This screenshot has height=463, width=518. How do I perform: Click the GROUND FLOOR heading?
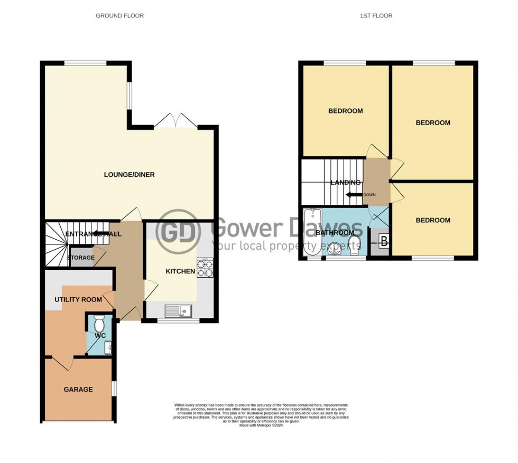click(119, 16)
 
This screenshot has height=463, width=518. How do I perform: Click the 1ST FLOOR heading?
click(376, 16)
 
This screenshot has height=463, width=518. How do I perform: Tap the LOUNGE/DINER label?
click(129, 175)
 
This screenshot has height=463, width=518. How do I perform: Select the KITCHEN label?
click(180, 272)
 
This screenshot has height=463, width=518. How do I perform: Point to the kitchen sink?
click(179, 311)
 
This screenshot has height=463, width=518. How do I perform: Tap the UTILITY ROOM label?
click(78, 299)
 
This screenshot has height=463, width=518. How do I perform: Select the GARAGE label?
click(78, 390)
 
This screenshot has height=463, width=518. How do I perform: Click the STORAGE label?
click(81, 258)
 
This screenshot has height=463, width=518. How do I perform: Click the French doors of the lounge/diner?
click(176, 120)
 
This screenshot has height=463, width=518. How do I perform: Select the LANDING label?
click(346, 183)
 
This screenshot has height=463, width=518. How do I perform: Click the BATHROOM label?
click(335, 233)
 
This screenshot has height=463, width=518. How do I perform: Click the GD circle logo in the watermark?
click(178, 231)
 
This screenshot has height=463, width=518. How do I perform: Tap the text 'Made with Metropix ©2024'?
click(261, 426)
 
